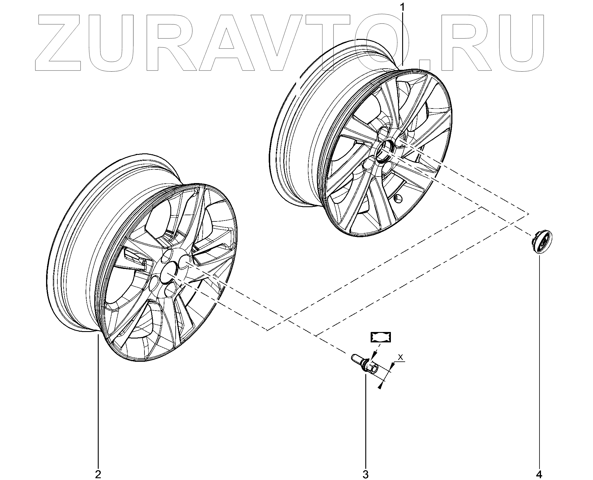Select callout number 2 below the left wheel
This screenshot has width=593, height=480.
click(x=98, y=474)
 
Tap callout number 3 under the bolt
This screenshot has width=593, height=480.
click(x=365, y=474)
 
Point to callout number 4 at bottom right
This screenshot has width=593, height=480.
click(x=539, y=474)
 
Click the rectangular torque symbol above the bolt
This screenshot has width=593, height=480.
click(x=380, y=337)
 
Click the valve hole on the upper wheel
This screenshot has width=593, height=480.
click(x=398, y=199)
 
